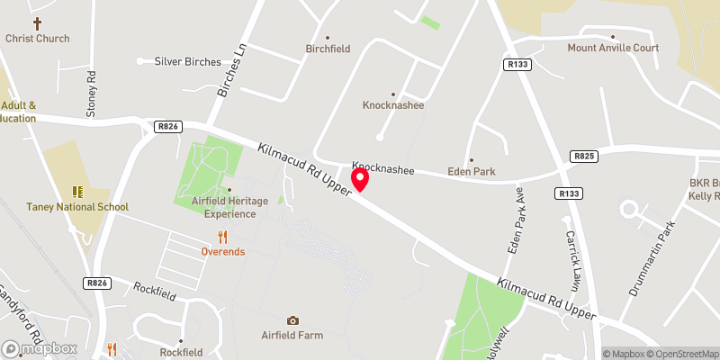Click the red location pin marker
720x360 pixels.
(360, 179)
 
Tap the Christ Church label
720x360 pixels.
(37, 39)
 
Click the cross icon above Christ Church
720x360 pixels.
(37, 23)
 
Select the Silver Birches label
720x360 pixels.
(187, 61)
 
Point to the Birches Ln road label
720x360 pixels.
(231, 74)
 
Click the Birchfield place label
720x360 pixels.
(328, 49)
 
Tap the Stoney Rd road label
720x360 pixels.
(91, 93)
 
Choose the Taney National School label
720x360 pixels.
(78, 206)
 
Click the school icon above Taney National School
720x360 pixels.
(77, 192)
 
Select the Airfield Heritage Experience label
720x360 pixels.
(229, 207)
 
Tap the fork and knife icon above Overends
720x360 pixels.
(222, 237)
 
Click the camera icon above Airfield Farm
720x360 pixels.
(292, 320)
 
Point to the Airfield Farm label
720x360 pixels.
(292, 335)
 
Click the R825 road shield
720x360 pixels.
(583, 157)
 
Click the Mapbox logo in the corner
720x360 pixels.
(39, 348)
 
